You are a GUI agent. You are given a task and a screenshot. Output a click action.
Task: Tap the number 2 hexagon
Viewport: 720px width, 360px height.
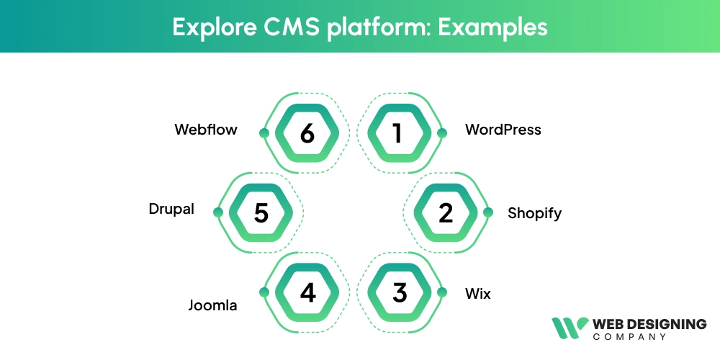[x=446, y=212]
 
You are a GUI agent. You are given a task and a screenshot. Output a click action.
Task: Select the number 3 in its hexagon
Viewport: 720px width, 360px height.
[x=400, y=292]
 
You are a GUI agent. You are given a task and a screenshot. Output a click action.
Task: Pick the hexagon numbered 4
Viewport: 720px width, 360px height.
[x=307, y=292]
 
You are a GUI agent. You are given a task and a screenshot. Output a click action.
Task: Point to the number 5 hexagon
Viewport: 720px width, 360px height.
[x=261, y=212]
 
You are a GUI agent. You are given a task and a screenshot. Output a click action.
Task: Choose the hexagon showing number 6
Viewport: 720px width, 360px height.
[x=307, y=133]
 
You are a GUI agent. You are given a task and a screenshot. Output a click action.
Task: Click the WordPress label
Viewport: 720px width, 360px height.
[x=503, y=130]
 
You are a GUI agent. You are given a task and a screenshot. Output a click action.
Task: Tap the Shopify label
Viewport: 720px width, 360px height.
[x=534, y=213]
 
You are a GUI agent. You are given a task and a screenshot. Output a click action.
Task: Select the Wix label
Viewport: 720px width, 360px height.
[x=477, y=293]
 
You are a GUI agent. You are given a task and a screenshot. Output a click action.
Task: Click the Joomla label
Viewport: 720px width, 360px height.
[x=212, y=305]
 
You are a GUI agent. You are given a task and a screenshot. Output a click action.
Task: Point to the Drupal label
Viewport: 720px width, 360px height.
[x=171, y=210]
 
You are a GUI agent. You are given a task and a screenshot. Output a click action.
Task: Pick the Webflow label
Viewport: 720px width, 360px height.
[x=206, y=130]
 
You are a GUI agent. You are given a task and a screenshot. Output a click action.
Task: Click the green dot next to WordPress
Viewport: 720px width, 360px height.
[x=442, y=133]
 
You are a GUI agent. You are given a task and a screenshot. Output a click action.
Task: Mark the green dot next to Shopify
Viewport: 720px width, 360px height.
[x=488, y=212]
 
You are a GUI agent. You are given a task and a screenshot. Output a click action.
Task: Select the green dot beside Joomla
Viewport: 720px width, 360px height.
[x=264, y=292]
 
